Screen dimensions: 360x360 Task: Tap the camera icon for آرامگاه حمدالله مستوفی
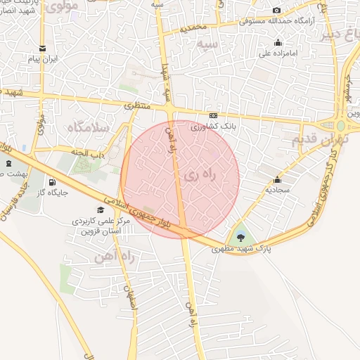276,10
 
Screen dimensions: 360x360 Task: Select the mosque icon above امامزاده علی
279,42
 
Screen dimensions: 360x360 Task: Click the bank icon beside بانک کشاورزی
213,116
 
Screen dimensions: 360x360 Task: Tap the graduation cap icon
100,210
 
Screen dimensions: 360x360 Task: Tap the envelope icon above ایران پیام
44,49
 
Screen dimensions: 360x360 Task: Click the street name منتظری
138,106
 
